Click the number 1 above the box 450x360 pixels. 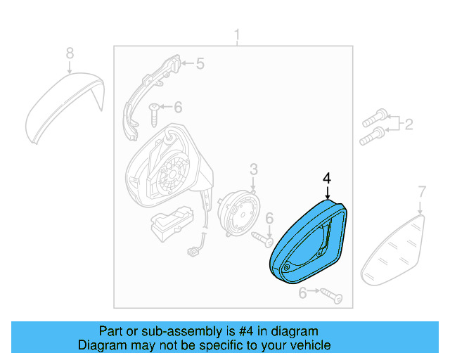tap(237, 35)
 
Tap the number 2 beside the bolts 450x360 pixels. tap(409, 125)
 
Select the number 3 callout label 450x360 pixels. tap(253, 169)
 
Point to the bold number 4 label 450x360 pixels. tap(326, 179)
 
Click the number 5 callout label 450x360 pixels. tap(200, 65)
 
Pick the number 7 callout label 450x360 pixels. tap(422, 191)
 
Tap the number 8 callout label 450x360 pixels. tap(69, 53)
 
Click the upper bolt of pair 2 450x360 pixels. tap(375, 114)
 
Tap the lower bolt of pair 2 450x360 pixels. tap(371, 136)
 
